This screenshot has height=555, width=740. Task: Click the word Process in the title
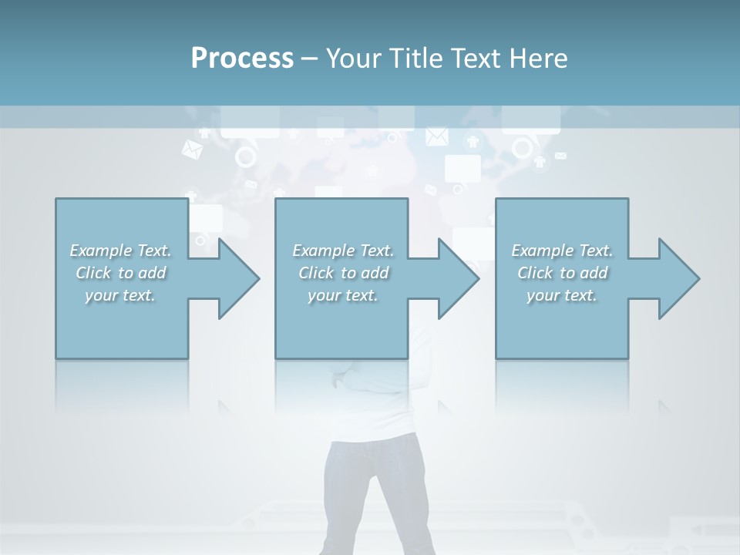pos(242,59)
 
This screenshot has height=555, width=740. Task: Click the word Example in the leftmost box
pos(100,251)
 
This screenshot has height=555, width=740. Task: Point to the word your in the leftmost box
pos(100,295)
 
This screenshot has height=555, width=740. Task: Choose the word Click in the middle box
pos(317,273)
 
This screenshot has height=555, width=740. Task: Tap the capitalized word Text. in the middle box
pos(376,251)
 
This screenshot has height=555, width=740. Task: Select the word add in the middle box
pos(375,273)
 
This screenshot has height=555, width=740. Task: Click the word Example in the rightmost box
pos(542,251)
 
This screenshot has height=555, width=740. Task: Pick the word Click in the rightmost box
pos(536,273)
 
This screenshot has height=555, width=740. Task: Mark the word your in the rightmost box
pos(542,295)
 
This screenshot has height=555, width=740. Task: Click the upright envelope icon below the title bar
pos(436,136)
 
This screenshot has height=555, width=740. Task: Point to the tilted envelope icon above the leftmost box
pos(191,150)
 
